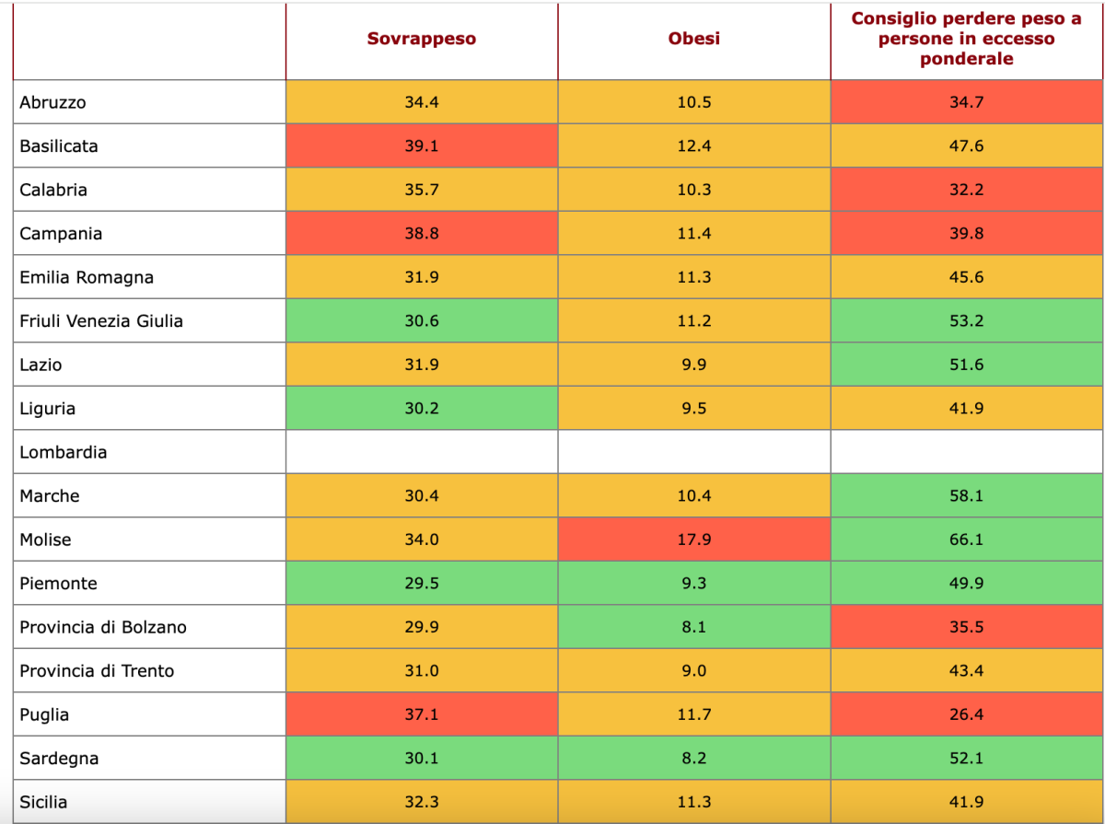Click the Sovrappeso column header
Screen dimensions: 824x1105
point(422,39)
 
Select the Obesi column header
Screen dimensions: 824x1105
point(694,39)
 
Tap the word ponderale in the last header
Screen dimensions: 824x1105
point(967,59)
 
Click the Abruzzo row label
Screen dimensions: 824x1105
point(53,102)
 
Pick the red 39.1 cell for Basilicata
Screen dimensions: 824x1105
point(422,145)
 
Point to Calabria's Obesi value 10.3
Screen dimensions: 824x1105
point(694,190)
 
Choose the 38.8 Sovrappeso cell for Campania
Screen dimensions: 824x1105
point(422,234)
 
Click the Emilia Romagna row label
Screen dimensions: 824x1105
point(87,277)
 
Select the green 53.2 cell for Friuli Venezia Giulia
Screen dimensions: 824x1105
point(967,321)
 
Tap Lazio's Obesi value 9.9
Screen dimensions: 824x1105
point(694,365)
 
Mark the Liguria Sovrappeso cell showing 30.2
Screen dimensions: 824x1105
point(422,409)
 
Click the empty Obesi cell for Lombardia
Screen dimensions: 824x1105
point(694,452)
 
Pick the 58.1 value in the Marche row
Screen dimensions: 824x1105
point(967,496)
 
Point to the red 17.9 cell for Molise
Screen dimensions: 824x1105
point(694,540)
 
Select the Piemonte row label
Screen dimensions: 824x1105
point(59,584)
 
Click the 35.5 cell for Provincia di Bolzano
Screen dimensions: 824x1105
point(967,627)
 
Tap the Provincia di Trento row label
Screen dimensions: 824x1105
point(97,671)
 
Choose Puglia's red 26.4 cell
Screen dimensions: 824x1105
point(967,714)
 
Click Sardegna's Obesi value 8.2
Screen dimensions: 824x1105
point(694,759)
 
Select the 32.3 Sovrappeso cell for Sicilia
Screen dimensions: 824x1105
point(422,802)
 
